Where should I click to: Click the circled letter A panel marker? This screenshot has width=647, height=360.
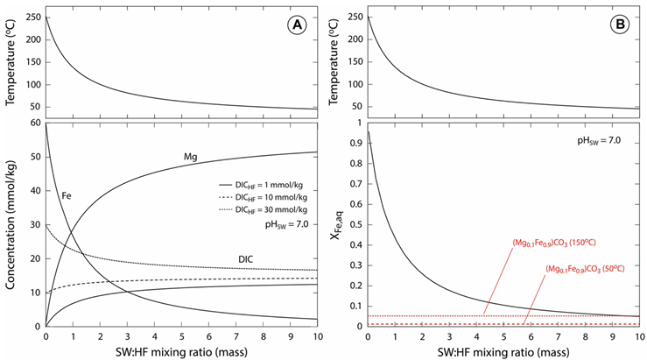click(x=297, y=25)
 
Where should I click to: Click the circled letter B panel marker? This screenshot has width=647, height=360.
click(x=619, y=25)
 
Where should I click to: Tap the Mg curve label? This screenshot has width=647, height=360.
click(x=191, y=158)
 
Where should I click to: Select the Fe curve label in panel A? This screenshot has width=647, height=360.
click(x=67, y=195)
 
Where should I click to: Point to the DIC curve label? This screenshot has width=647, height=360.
click(x=245, y=259)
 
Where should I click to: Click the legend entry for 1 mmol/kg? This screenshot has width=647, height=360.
click(x=263, y=186)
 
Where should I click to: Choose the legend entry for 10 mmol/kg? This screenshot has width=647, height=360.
click(x=263, y=198)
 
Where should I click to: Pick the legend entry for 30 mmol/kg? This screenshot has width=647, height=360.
click(x=263, y=210)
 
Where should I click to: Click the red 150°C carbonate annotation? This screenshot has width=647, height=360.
click(x=554, y=244)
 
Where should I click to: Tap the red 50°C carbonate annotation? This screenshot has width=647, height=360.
click(x=585, y=269)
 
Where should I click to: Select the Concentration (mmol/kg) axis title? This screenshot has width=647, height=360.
click(x=11, y=225)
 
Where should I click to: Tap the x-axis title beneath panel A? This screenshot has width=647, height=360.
click(x=181, y=352)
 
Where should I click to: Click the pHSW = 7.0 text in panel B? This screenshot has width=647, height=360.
click(x=599, y=141)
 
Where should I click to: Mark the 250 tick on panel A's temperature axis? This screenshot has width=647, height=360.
click(x=34, y=18)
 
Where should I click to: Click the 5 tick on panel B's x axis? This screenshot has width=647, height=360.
click(x=503, y=336)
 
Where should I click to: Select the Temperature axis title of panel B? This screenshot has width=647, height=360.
click(x=333, y=61)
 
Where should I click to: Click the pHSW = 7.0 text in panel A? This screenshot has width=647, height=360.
click(x=286, y=224)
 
